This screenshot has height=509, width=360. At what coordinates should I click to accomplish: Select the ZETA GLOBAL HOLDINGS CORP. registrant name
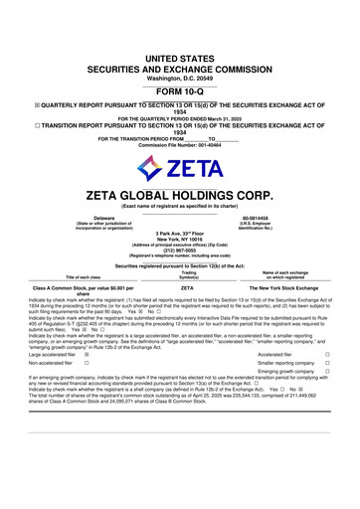click(180, 194)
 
